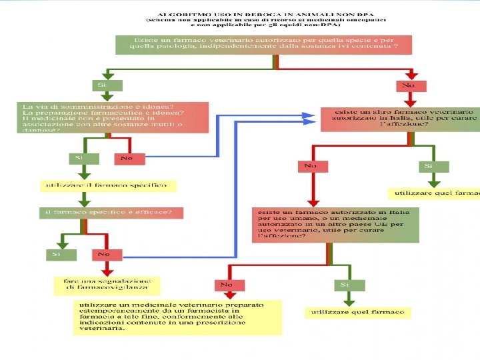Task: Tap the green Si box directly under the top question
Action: pyautogui.click(x=102, y=85)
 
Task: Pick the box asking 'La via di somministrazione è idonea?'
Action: pyautogui.click(x=113, y=117)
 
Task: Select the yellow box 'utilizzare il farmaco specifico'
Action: pyautogui.click(x=109, y=185)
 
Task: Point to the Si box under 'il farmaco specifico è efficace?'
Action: pyautogui.click(x=57, y=254)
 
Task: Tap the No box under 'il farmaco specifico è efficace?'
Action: pyautogui.click(x=105, y=254)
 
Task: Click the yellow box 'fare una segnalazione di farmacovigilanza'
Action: pyautogui.click(x=108, y=285)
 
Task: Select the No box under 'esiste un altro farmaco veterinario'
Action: pyautogui.click(x=311, y=165)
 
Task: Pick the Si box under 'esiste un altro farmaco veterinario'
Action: pyautogui.click(x=429, y=165)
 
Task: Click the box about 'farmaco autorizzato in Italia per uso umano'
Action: pyautogui.click(x=335, y=224)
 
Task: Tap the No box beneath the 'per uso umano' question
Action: pyautogui.click(x=227, y=285)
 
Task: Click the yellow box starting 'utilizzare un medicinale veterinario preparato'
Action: pyautogui.click(x=177, y=316)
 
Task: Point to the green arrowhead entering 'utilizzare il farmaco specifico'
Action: pyautogui.click(x=83, y=175)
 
